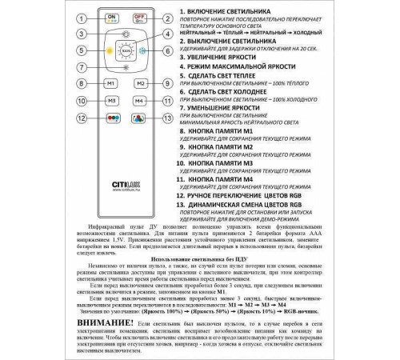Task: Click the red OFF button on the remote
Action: (x=138, y=18)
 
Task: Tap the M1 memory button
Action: (x=110, y=83)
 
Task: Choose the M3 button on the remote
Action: (x=110, y=101)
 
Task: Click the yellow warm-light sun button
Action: (x=106, y=50)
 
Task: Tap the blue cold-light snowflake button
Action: (x=142, y=50)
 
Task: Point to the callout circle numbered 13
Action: (x=166, y=118)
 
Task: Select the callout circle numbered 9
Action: (x=166, y=83)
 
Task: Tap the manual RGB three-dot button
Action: (x=110, y=118)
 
